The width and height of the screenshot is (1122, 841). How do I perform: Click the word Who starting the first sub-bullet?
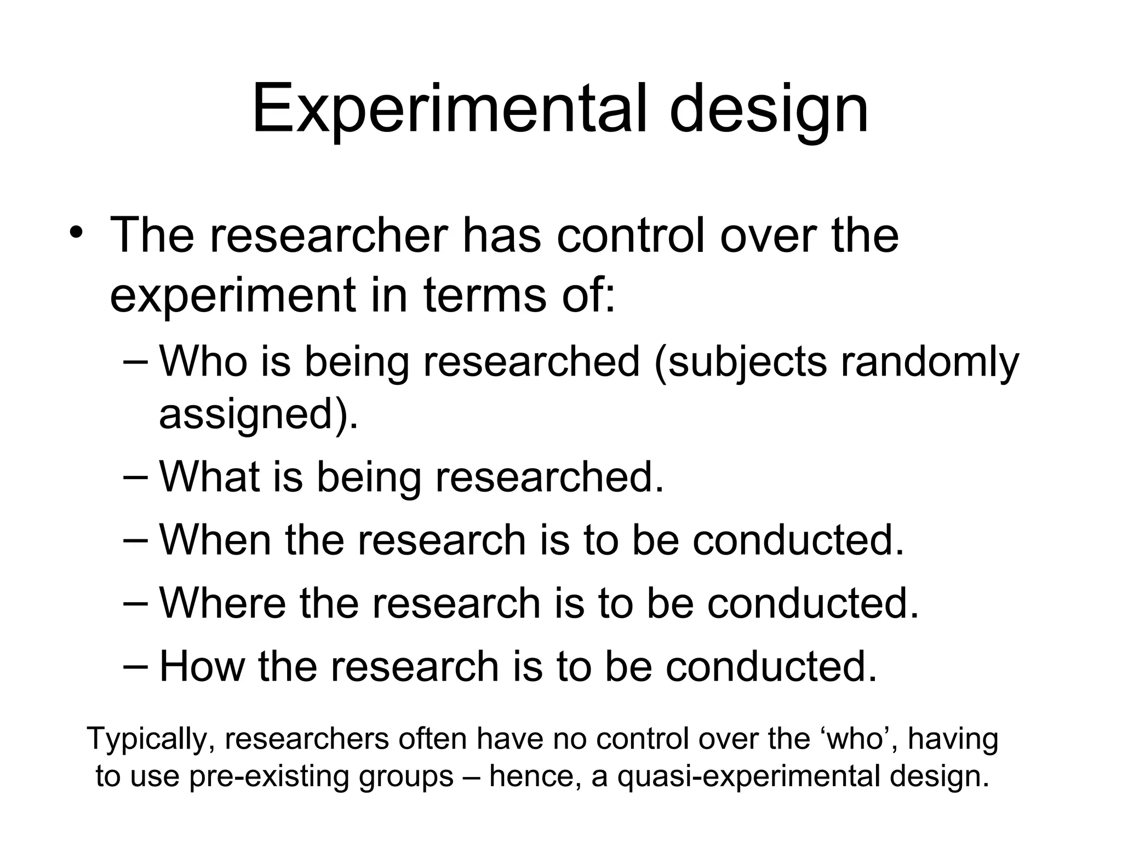pos(203,361)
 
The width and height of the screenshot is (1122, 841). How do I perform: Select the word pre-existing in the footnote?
pos(268,776)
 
